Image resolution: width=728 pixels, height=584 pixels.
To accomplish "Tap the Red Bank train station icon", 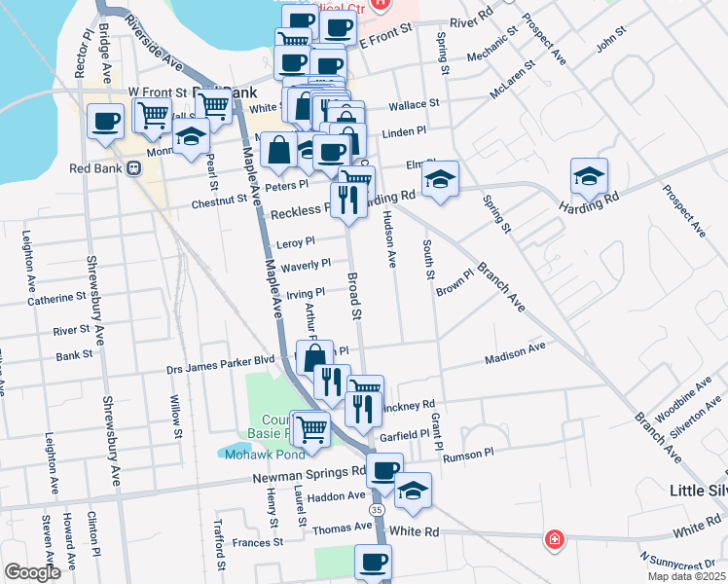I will click(134, 167).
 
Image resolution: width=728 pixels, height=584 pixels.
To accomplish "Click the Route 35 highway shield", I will click(376, 510).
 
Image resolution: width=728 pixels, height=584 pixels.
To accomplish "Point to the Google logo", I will click(31, 572).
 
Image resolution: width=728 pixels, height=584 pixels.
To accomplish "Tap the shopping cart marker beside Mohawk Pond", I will click(310, 428).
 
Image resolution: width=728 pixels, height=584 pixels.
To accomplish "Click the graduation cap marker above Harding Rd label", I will click(589, 176).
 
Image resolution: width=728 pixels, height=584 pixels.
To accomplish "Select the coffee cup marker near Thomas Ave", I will click(373, 562).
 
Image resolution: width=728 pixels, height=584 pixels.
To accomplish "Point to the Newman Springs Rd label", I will click(309, 475).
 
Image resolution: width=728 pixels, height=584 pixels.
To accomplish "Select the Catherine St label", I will click(57, 298).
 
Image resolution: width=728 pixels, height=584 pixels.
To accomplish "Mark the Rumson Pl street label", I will click(468, 455).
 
